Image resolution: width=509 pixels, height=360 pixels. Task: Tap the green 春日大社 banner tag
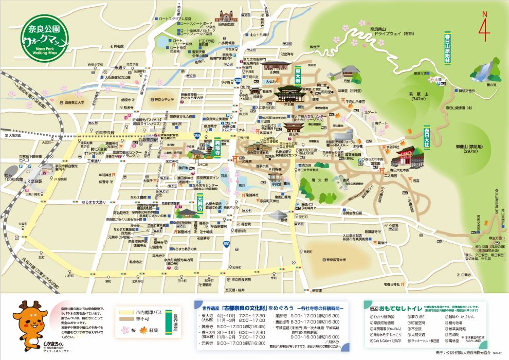(x=426, y=136)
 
